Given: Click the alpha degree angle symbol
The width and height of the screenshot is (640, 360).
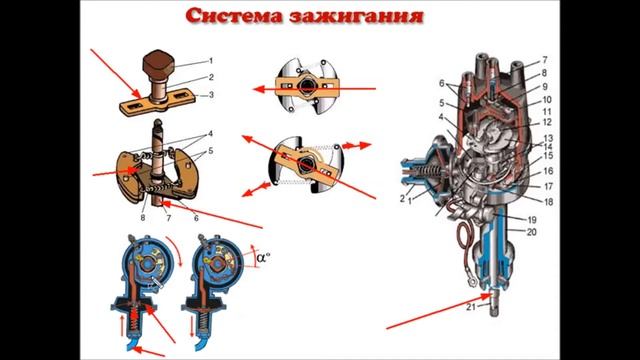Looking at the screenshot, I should [x=264, y=256].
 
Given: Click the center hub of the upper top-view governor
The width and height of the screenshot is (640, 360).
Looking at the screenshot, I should [x=311, y=86].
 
